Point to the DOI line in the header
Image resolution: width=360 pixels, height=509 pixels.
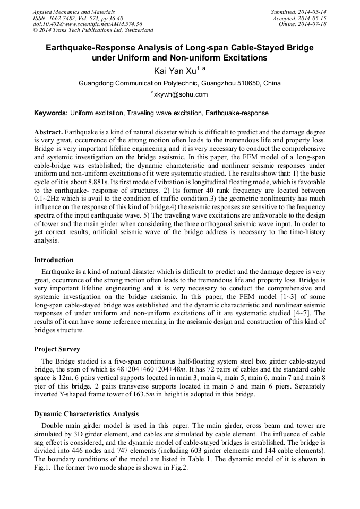87,24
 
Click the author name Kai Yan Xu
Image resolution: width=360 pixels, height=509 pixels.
174,71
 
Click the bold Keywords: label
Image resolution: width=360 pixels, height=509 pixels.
51,113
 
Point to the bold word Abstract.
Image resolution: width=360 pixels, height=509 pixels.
48,131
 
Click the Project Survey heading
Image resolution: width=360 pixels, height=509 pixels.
57,349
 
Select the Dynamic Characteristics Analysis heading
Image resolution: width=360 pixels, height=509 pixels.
86,413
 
